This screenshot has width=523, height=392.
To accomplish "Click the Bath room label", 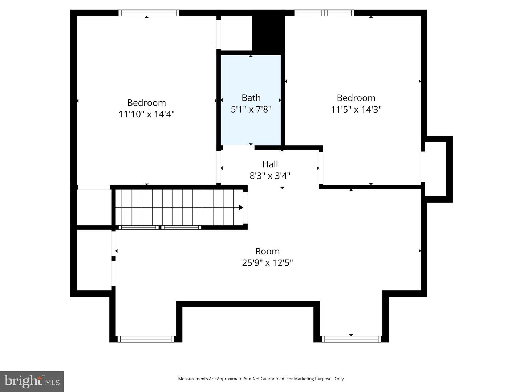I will coord(251,98).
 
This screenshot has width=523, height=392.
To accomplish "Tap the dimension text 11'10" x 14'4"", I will coord(146,114).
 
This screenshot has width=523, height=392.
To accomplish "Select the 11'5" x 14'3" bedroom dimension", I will coord(356,109).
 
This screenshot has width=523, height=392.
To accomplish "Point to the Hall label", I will coord(270,164).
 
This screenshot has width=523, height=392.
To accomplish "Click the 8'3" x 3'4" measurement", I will coord(270,176).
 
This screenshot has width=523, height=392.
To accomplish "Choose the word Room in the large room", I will coord(267,252).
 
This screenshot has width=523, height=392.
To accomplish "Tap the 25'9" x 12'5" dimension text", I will coord(267,263).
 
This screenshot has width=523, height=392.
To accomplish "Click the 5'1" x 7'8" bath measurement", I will coord(251,109).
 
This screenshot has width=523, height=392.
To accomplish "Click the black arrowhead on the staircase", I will coord(241,208).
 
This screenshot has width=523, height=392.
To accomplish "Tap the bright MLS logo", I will coord(32,381).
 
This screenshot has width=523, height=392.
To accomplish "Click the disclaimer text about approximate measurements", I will coord(261,379).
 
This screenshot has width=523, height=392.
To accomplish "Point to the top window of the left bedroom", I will coord(149,13).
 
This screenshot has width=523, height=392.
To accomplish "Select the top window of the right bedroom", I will coord(324,13).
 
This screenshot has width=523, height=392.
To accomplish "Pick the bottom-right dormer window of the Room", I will coord(351,339).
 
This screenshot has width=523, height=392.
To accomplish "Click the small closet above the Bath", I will coord(236,33).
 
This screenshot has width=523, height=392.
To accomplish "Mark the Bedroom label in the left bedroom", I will coord(146,103).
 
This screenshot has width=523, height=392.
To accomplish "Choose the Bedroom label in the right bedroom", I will coord(356,98).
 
